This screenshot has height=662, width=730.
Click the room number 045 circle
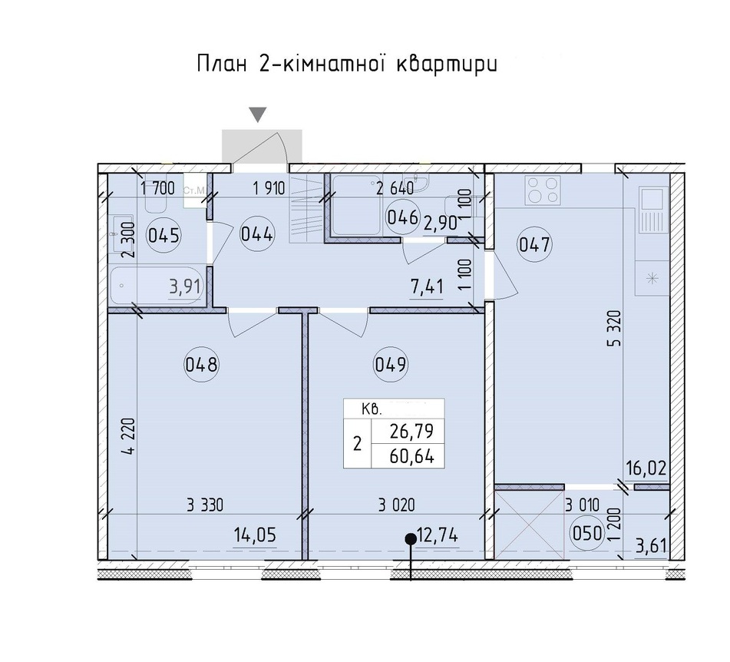[164, 235]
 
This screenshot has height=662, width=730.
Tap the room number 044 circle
[256, 234]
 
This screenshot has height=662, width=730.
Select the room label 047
[534, 244]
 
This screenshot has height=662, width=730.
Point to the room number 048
[201, 364]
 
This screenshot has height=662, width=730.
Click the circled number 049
[391, 364]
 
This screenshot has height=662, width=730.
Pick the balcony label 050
[587, 533]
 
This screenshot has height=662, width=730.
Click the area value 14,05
[255, 535]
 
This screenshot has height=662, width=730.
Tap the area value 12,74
[438, 536]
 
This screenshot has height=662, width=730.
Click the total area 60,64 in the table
[412, 456]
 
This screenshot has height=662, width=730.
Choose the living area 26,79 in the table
[411, 432]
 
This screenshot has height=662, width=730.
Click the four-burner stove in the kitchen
[542, 190]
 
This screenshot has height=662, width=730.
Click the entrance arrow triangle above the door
[257, 114]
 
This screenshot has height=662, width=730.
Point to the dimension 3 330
[205, 505]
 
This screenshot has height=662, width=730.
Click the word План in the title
[222, 64]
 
